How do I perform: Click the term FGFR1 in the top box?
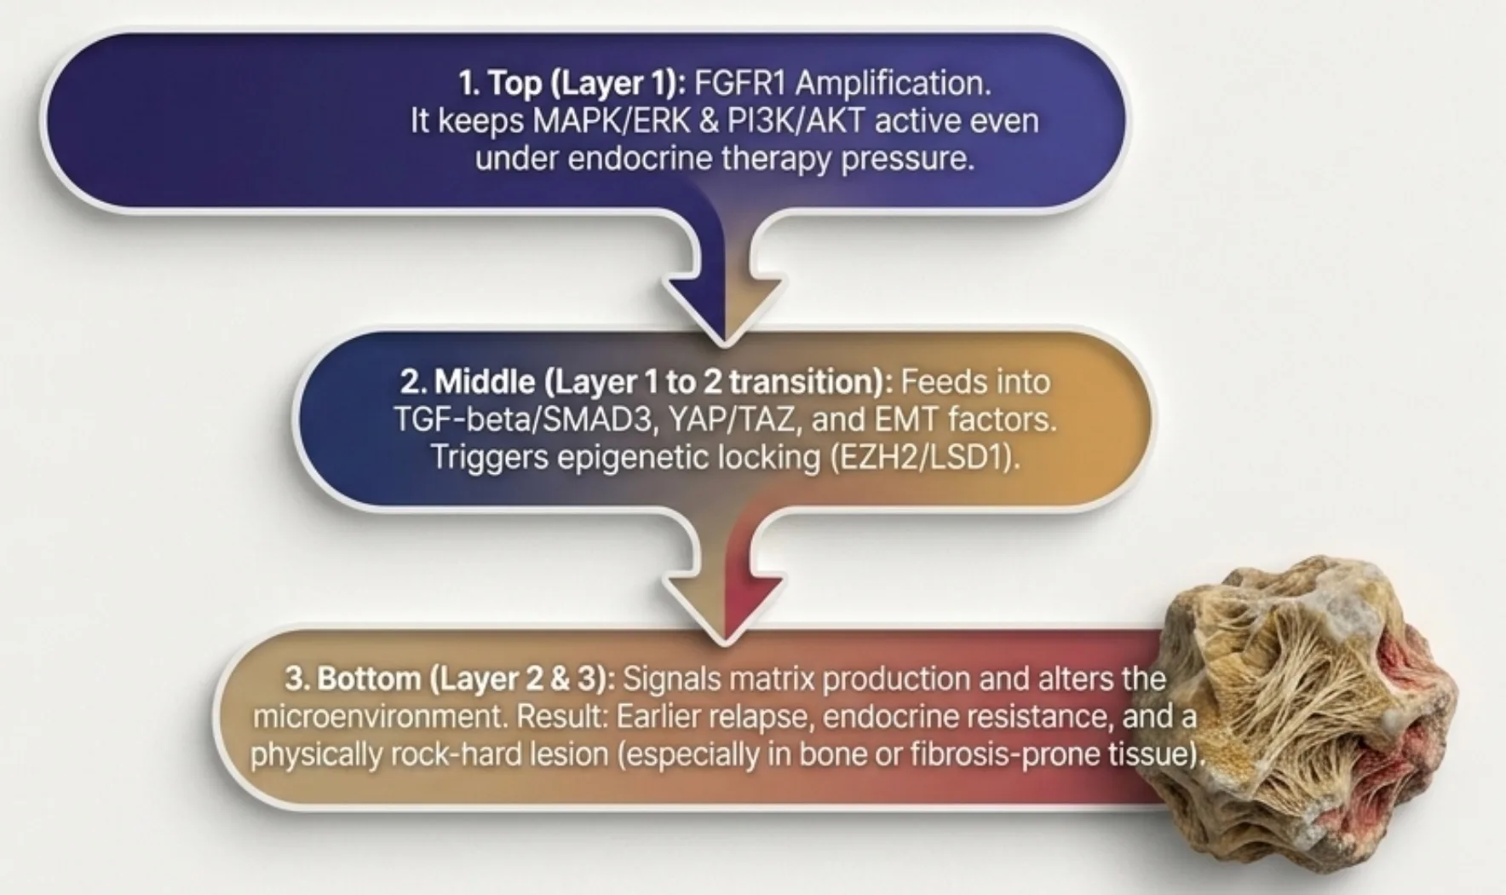tap(739, 84)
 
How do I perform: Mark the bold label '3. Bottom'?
tap(352, 679)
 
